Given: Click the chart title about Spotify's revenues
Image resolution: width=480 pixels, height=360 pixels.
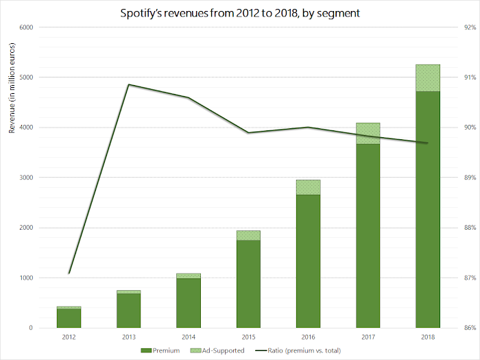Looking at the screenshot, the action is [x=240, y=13].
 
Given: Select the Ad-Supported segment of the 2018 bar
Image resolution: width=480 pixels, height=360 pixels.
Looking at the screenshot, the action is [x=428, y=77].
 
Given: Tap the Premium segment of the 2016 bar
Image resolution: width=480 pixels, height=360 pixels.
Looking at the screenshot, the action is [x=309, y=261].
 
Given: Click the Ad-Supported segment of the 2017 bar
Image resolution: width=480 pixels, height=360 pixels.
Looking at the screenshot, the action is [x=368, y=134].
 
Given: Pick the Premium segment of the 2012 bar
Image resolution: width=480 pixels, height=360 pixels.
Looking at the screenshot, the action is [x=69, y=318].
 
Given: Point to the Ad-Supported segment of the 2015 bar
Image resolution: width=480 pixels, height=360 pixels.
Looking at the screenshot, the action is [x=248, y=235].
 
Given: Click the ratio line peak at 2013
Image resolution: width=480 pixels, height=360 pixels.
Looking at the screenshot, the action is [x=129, y=84].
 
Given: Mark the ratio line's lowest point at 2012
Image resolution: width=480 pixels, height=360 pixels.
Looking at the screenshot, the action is [x=69, y=274].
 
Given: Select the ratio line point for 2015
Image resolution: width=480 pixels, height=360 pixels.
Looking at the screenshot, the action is [x=248, y=132].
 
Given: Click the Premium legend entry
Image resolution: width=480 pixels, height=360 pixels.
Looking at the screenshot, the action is [x=160, y=350].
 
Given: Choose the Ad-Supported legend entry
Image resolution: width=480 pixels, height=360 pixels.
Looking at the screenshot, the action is [x=217, y=350].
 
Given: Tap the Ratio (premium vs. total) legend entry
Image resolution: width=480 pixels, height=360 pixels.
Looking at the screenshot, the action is [x=298, y=350].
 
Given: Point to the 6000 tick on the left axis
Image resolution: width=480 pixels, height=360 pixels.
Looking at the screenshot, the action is [x=26, y=27].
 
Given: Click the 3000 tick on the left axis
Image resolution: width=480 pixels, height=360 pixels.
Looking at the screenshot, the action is [x=26, y=178].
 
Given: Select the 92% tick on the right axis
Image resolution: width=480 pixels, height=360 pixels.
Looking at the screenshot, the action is [x=470, y=27].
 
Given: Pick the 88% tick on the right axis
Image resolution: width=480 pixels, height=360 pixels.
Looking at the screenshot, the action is [x=470, y=228].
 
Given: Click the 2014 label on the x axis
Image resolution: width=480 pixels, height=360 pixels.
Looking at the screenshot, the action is [x=189, y=337].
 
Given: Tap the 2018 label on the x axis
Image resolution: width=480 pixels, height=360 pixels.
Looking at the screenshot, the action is [x=428, y=337].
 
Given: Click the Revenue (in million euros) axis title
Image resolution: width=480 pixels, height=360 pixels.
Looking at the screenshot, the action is [x=12, y=88].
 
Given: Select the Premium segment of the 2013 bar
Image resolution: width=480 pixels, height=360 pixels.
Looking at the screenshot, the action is [x=129, y=311].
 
